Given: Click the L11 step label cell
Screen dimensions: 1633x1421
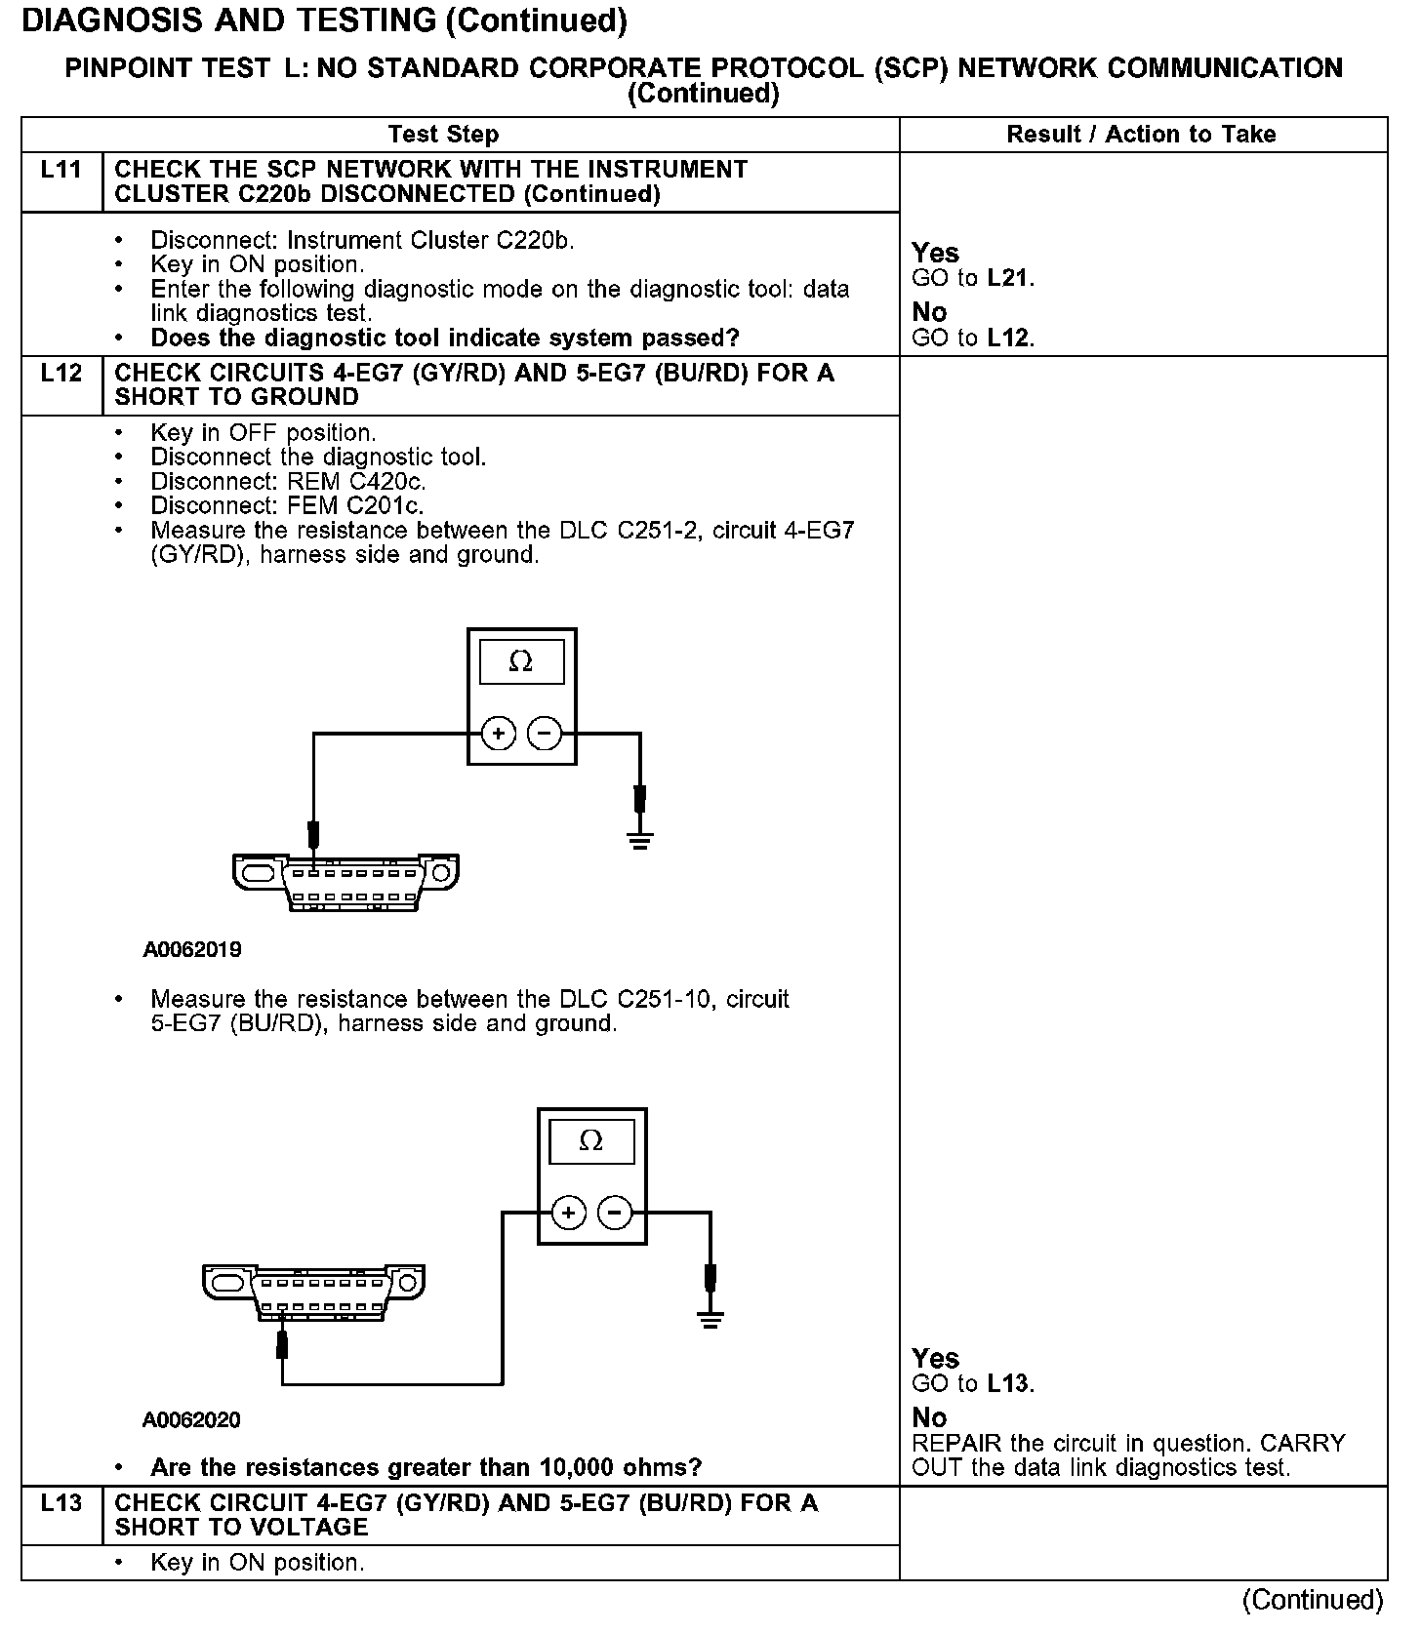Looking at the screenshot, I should click(x=61, y=171).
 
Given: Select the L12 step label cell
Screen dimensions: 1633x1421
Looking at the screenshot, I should click(x=61, y=374).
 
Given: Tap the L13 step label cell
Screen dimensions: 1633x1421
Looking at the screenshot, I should click(x=61, y=1503).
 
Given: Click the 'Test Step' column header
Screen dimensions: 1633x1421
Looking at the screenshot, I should click(x=443, y=135).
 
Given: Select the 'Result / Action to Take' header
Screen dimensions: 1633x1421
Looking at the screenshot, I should click(x=1141, y=135).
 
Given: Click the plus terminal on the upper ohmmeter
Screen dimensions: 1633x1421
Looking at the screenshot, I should click(x=499, y=733).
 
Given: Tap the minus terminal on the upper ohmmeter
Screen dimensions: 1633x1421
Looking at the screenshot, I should click(x=545, y=733).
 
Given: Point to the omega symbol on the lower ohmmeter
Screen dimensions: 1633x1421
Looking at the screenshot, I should click(x=591, y=1141).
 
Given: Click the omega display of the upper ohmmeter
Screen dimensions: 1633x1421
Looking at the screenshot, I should click(x=521, y=662).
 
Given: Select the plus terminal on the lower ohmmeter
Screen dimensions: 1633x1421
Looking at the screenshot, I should click(x=568, y=1214).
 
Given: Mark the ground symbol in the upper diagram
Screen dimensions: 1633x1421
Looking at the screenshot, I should click(x=639, y=840).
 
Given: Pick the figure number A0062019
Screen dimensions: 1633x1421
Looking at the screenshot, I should click(x=192, y=950).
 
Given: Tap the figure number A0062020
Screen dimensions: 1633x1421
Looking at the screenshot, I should click(x=191, y=1420).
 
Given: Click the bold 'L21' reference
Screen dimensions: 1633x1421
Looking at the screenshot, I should click(x=1008, y=279).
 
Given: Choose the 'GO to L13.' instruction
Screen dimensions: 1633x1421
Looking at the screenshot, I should click(x=973, y=1384).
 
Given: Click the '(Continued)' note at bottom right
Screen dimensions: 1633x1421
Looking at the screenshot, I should click(x=1313, y=1601).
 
